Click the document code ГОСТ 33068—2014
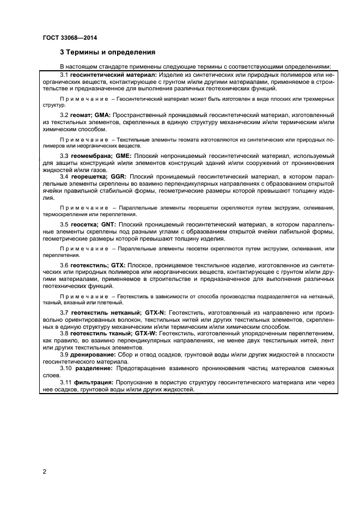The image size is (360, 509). [x=65, y=38]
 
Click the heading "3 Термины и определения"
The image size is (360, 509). [x=107, y=53]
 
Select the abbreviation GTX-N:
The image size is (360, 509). [x=156, y=312]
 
